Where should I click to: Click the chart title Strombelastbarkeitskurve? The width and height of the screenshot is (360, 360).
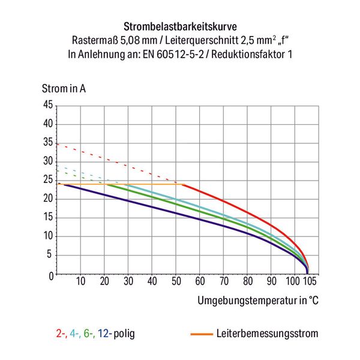point(180,27)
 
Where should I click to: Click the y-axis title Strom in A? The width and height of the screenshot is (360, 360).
point(64,89)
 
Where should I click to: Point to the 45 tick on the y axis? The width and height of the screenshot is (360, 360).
point(47,106)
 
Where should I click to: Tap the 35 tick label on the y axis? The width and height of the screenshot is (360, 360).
point(47,143)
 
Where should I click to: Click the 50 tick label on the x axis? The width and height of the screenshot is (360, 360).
point(176,282)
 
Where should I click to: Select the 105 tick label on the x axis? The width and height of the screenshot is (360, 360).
point(310,282)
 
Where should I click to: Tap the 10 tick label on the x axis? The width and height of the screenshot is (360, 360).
point(81,282)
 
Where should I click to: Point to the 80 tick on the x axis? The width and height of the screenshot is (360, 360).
point(248,282)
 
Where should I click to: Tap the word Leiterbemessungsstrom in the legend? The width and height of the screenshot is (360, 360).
point(267,333)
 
